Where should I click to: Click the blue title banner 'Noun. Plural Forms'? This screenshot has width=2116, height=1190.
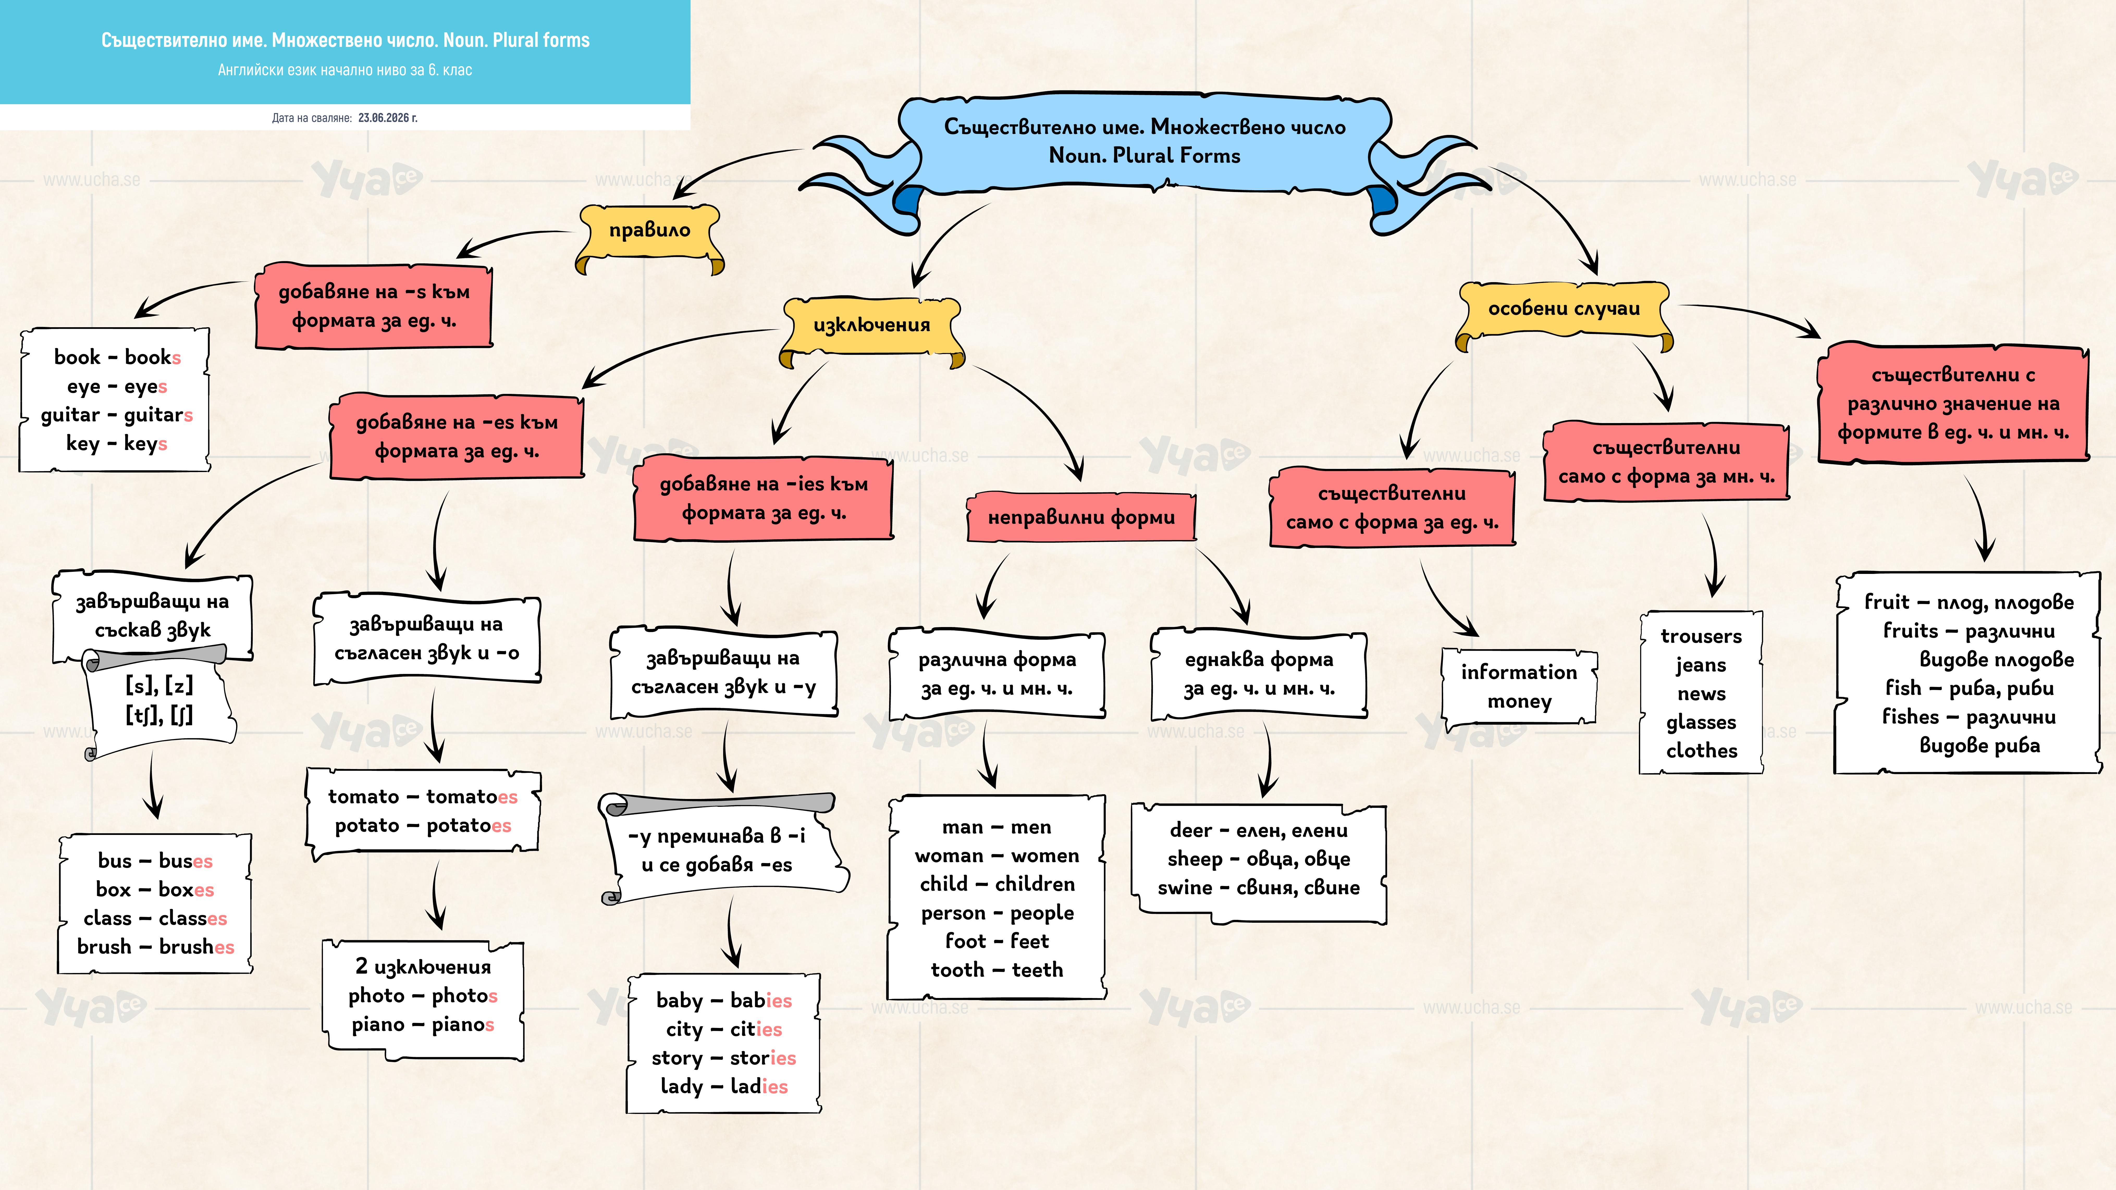tap(1144, 156)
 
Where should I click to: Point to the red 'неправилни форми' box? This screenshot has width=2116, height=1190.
tap(1081, 517)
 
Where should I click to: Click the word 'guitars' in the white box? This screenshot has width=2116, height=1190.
tap(158, 416)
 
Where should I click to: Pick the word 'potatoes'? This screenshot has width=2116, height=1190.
tap(468, 826)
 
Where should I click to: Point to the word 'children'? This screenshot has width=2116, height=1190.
tap(1034, 884)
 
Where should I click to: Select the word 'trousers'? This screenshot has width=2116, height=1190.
tap(1701, 636)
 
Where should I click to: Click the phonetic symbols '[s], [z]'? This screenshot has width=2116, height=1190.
tap(159, 685)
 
